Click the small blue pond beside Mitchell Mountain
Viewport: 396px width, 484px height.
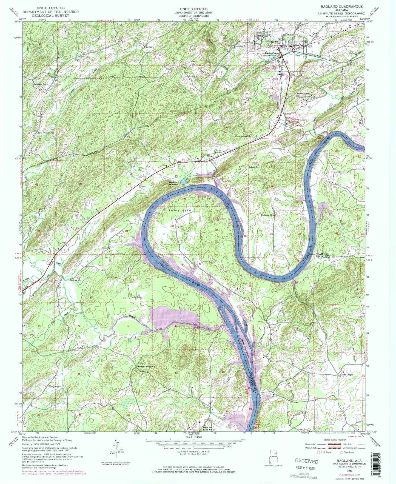click(x=184, y=181)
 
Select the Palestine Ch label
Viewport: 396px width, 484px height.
click(x=267, y=215)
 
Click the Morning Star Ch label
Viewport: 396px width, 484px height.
click(x=303, y=95)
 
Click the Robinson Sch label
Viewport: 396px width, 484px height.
click(x=39, y=84)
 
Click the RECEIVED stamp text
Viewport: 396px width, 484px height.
click(x=307, y=461)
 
